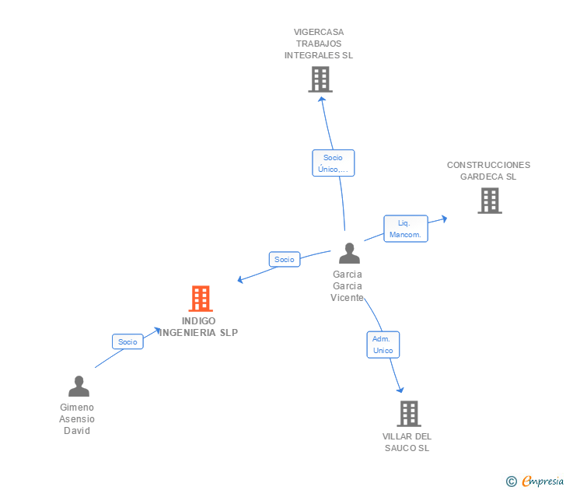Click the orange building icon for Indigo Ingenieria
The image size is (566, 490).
(201, 299)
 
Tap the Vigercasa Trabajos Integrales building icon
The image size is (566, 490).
(320, 79)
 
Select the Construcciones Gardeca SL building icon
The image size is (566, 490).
(489, 201)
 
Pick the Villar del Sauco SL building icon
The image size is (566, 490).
(409, 414)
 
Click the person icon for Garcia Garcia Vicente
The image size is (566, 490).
(349, 254)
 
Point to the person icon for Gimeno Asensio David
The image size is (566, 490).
(79, 387)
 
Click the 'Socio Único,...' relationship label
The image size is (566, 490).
(333, 163)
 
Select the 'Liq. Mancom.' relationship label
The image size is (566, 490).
(405, 229)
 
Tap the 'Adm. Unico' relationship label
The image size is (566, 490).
(383, 345)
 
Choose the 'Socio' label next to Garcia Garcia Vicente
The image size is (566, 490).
(285, 259)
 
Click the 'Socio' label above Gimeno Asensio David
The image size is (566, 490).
(128, 341)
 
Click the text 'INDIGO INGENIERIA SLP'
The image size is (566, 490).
(199, 327)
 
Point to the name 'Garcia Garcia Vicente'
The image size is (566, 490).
(347, 285)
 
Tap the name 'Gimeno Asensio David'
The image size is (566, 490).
(77, 418)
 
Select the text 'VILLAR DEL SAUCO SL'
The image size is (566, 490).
(407, 442)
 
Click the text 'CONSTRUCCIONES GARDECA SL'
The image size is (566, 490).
(488, 170)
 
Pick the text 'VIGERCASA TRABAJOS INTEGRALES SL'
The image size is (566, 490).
(319, 44)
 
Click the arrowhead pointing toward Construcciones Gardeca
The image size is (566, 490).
(443, 219)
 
